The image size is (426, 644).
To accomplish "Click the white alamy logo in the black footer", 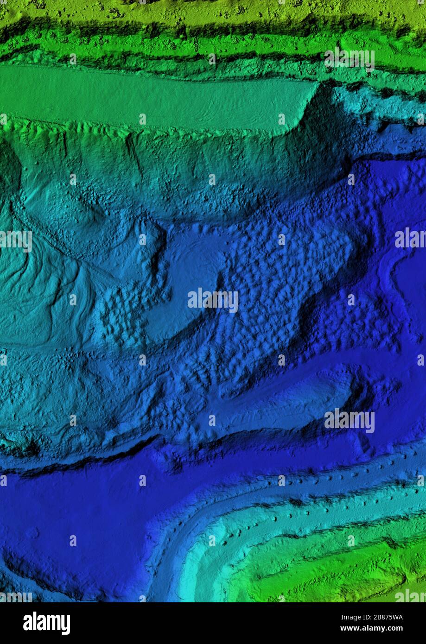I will coord(46,623).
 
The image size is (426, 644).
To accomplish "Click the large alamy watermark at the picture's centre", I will coord(213,300).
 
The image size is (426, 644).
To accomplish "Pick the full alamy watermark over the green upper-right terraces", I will coord(349,59).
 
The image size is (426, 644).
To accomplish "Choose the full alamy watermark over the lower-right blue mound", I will coord(349,421).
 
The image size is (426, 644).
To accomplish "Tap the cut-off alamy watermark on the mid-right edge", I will coord(411,238).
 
